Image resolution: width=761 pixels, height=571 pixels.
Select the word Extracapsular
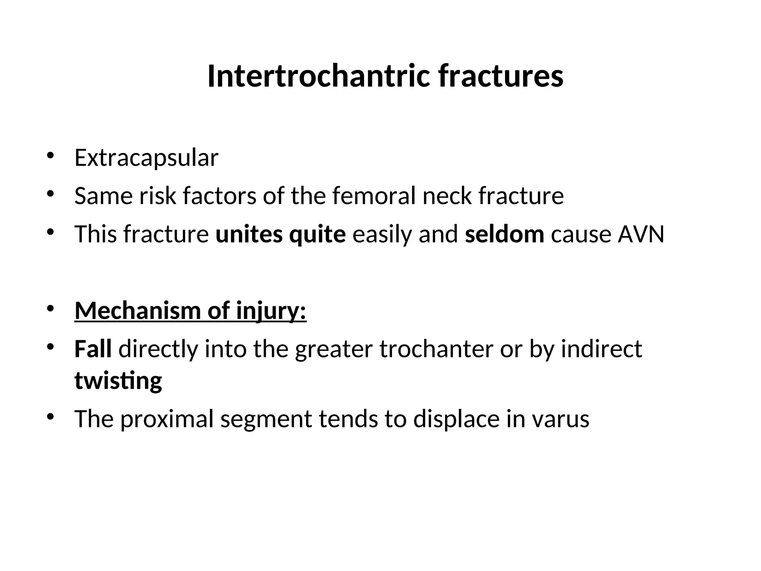[x=146, y=158]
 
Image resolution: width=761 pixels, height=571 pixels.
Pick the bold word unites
[x=249, y=235]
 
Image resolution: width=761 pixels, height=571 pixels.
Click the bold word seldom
[x=504, y=235]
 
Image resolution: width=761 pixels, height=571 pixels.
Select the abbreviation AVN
[x=641, y=235]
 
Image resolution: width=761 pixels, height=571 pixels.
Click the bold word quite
[x=317, y=235]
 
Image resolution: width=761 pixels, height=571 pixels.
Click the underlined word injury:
[x=271, y=311]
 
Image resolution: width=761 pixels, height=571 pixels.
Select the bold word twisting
[x=118, y=381]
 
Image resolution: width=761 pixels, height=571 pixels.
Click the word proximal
[x=167, y=419]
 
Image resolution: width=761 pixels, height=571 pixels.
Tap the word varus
[x=560, y=419]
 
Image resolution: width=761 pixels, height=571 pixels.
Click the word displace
[x=456, y=419]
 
